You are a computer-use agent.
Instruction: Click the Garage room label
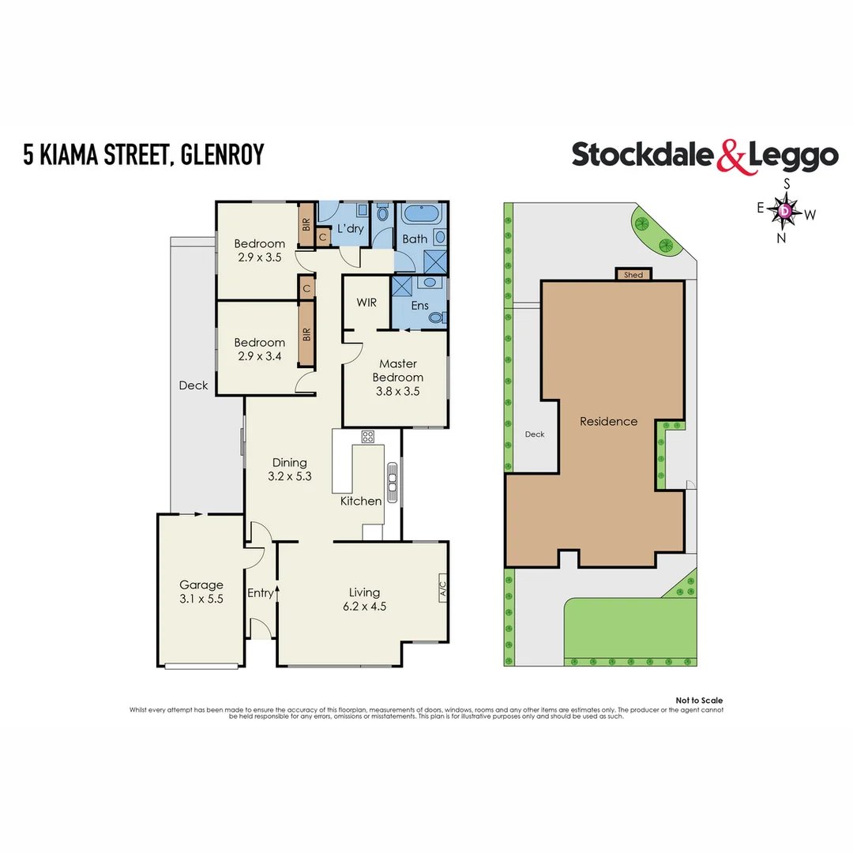(201, 585)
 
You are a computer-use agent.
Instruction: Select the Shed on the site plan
(633, 275)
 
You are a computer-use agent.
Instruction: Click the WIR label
(366, 302)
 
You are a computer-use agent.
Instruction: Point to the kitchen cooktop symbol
(367, 436)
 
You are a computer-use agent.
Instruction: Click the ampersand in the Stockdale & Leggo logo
(731, 156)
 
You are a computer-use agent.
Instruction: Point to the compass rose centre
(785, 211)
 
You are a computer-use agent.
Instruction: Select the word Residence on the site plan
(608, 422)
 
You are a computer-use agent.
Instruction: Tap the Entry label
(261, 593)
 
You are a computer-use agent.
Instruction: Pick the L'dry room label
(350, 229)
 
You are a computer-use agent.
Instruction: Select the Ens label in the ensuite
(420, 306)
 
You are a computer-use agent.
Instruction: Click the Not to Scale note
(699, 701)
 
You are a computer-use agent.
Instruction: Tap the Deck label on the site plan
(535, 434)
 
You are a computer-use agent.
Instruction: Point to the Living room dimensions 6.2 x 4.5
(364, 607)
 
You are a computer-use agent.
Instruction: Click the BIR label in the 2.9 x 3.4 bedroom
(306, 335)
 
